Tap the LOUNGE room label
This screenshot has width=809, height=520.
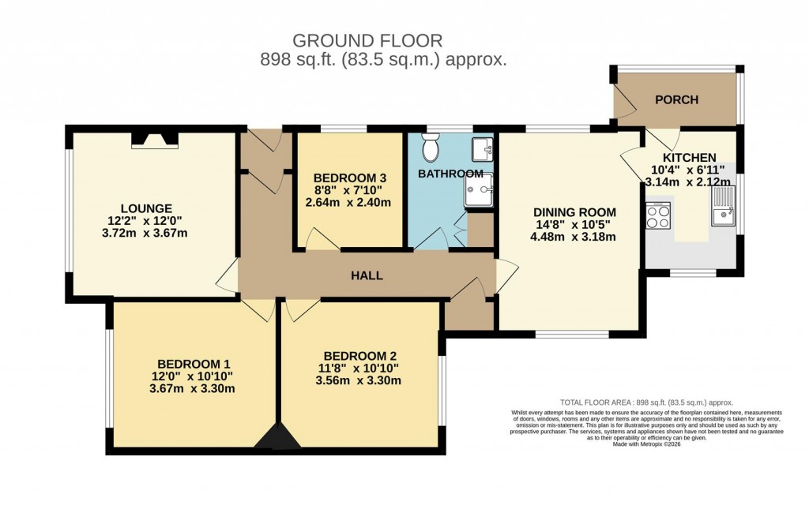coord(141,208)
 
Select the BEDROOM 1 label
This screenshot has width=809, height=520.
coord(193,363)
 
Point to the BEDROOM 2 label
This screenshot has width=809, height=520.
coord(359,354)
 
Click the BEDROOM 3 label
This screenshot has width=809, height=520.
coord(350,178)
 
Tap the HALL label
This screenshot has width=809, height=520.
coord(367,275)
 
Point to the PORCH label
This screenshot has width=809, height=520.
coord(677,100)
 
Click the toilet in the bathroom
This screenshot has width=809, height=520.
coord(431,147)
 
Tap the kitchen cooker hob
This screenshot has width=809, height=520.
coord(657,215)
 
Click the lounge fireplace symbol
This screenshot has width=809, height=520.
coord(155,140)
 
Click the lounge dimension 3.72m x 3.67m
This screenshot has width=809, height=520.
coord(141,234)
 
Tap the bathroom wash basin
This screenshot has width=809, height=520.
coord(484,148)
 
